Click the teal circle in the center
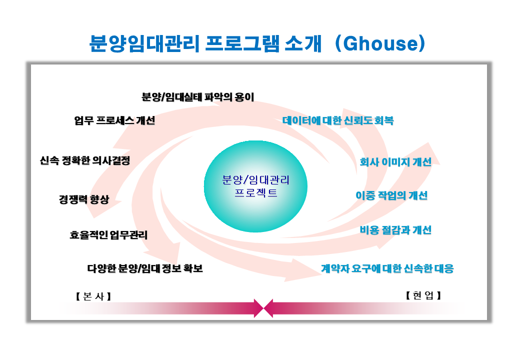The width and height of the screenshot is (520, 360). coord(255,186)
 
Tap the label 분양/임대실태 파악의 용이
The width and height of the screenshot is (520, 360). coord(197,97)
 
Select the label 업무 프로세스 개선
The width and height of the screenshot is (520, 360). coord(114,120)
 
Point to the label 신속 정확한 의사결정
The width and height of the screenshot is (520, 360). coord(85,161)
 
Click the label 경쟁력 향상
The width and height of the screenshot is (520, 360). coord(84,199)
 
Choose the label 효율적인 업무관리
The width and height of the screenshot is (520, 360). coord(108,235)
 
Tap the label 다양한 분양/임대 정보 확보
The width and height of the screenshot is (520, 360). coord(145,268)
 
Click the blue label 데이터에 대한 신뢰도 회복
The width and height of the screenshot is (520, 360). coord(338,120)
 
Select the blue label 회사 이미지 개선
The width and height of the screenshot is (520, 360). coord(395,162)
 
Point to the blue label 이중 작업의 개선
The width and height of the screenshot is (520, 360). coord(391,195)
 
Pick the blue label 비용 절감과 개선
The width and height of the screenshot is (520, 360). coord(395,229)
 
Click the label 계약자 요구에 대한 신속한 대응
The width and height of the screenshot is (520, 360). coord(387,268)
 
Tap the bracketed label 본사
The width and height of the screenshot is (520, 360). coord(93,296)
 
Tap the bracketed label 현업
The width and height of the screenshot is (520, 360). coord(423,295)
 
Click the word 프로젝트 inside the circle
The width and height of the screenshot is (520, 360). coord(255,192)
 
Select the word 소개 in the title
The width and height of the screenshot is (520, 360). coord(303,43)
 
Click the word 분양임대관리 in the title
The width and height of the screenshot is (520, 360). coord(144,43)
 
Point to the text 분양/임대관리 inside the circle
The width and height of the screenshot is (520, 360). coord(255,180)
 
